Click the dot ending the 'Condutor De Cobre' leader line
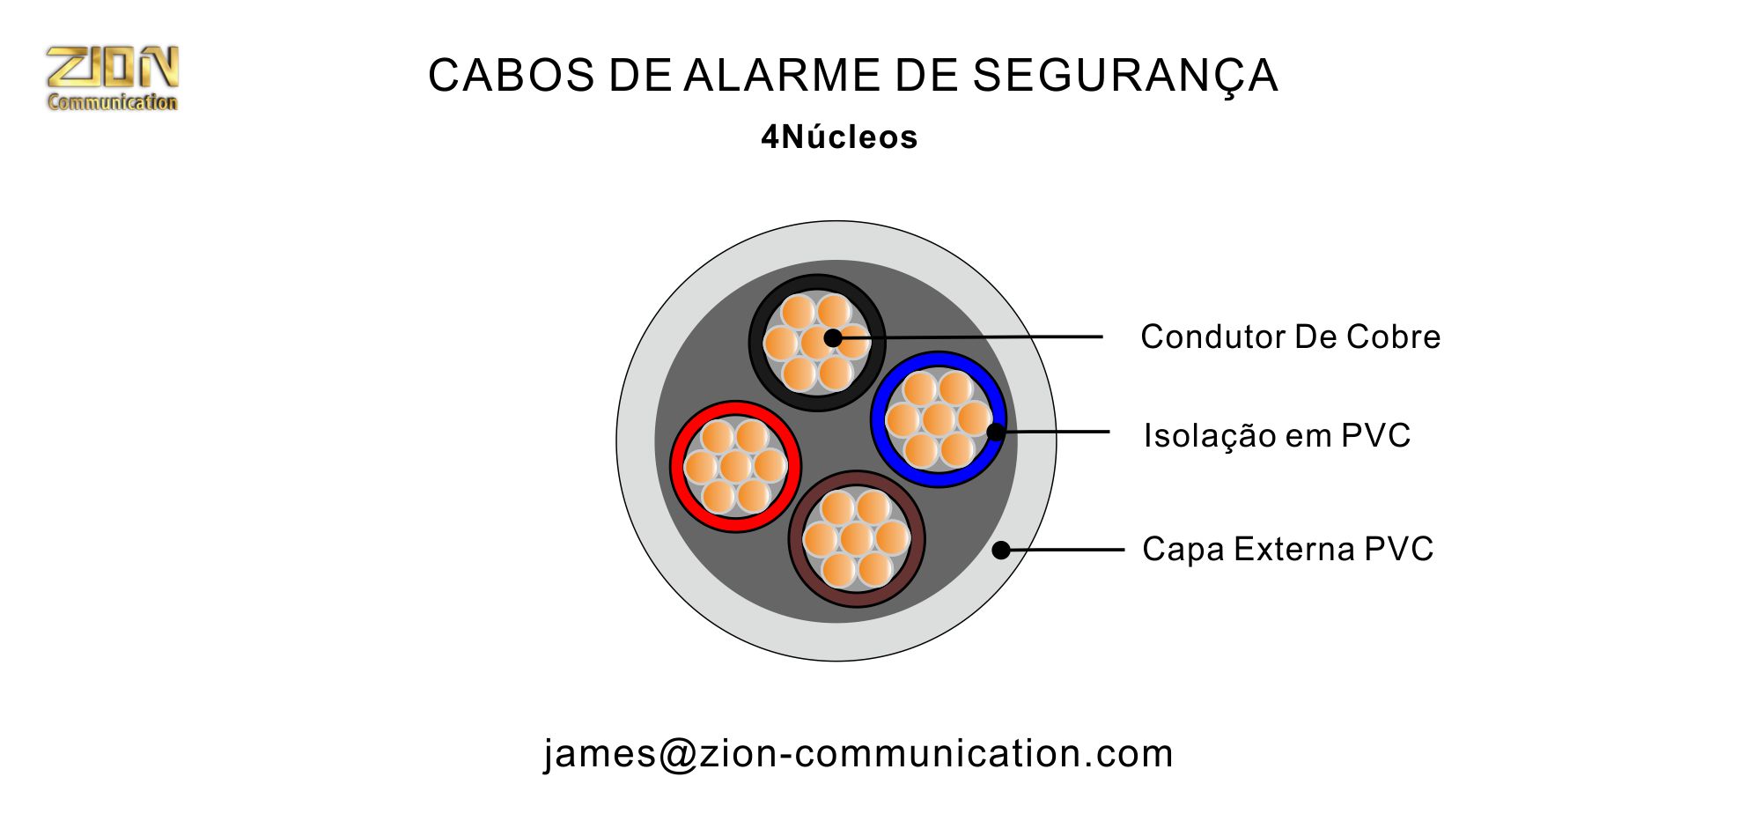(833, 337)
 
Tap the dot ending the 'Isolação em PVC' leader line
(996, 432)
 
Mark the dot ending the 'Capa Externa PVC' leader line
(1001, 550)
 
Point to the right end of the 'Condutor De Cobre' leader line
(1102, 337)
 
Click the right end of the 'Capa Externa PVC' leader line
(1124, 550)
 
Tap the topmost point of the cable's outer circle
(836, 221)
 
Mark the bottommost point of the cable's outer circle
(836, 661)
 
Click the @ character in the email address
(677, 754)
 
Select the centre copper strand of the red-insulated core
(735, 466)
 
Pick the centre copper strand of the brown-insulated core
(856, 539)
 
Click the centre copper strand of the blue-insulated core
(939, 419)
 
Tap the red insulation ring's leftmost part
(676, 466)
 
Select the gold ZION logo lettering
(113, 68)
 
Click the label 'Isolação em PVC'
(1277, 435)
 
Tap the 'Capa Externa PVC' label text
(1287, 549)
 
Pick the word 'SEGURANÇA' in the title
(1125, 77)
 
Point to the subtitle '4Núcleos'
(839, 137)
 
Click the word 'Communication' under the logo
(113, 102)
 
